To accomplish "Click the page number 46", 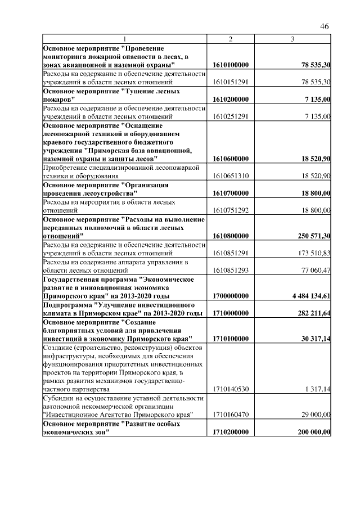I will [324, 26].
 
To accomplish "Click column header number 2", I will [231, 39].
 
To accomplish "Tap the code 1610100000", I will [231, 66].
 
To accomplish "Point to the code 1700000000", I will [231, 296].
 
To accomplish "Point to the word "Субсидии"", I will [59, 398].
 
